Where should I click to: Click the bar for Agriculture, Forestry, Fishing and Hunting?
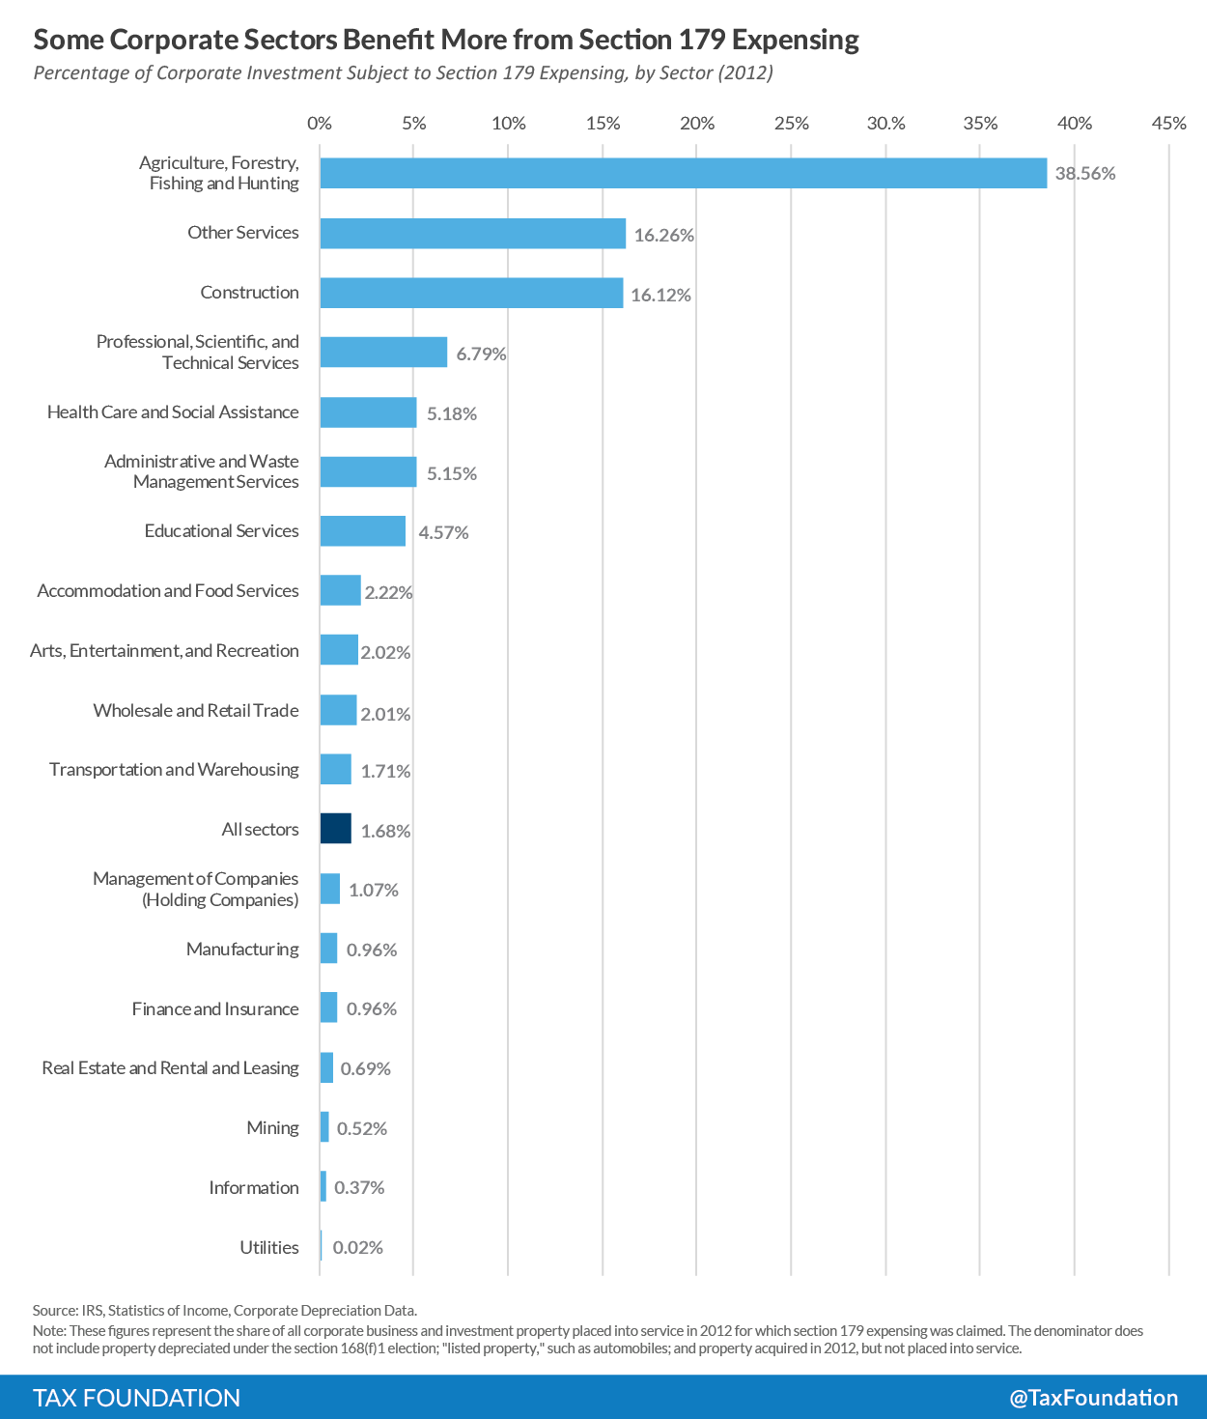pos(683,174)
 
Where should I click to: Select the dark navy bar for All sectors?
pos(336,829)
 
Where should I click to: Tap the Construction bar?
pos(471,293)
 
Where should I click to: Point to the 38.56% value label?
pos(1085,174)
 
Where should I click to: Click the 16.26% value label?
pos(664,235)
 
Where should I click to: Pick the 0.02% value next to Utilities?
pos(358,1247)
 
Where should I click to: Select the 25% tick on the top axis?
pos(791,124)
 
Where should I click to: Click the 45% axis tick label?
pos(1168,124)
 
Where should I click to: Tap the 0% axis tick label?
pos(320,124)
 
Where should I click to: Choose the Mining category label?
pos(273,1128)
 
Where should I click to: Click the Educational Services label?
pos(222,531)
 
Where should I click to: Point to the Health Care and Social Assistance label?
pos(173,412)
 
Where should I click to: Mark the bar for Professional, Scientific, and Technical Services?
pos(383,353)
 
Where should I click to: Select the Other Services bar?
pos(472,234)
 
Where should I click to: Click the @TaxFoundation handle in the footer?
pos(1093,1398)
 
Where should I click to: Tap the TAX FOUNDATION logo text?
pos(137,1398)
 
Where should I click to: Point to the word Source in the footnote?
pos(54,1311)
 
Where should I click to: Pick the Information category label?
pos(254,1188)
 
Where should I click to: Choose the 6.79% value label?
pos(481,354)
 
